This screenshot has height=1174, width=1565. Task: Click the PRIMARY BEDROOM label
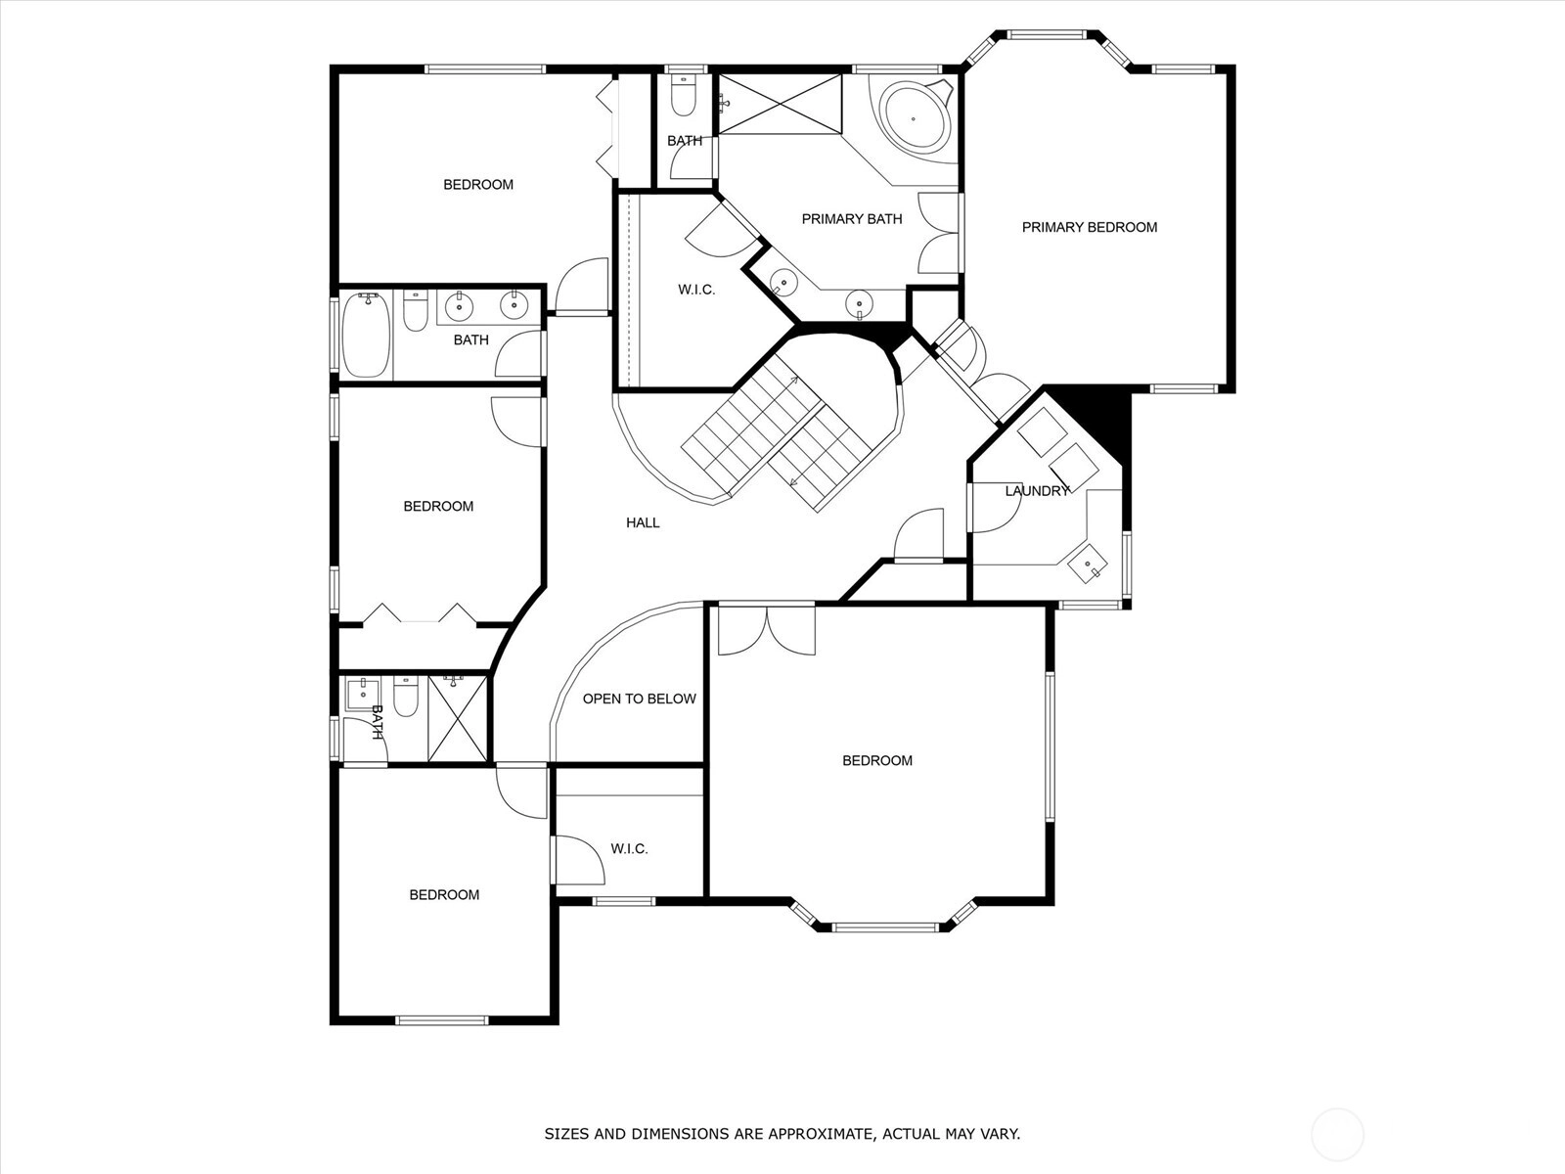point(1089,227)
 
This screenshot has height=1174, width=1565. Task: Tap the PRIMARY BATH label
point(851,219)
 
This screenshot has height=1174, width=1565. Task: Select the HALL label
point(643,522)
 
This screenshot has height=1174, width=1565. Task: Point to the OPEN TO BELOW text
point(639,699)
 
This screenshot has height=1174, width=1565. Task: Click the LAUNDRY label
point(1037,490)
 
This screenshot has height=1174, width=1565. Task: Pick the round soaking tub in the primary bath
point(916,117)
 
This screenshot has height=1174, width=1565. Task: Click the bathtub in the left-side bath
point(367,336)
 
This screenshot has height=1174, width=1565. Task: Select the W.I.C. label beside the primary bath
point(695,290)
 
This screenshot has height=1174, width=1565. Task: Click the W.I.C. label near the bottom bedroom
point(629,849)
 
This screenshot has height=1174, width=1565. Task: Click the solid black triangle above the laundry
point(1098,417)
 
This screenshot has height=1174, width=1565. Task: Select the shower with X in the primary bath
point(780,104)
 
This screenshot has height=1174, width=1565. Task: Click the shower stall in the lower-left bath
point(457,718)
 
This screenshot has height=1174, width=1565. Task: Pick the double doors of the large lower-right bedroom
point(767,630)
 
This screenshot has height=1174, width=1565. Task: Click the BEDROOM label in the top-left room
point(477,185)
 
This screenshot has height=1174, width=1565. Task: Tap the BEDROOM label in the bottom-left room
point(443,894)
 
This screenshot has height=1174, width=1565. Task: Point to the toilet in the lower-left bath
point(405,696)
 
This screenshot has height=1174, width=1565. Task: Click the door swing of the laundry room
point(995,508)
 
